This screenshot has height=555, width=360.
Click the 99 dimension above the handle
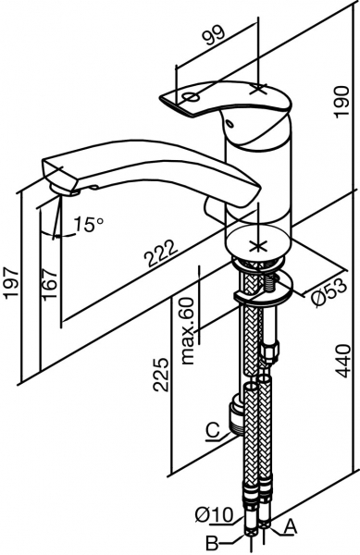coord(214,35)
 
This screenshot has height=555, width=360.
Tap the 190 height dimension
coord(342,102)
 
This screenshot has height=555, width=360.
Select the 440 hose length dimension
coord(342,362)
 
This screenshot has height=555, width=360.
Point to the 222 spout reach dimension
coord(162,253)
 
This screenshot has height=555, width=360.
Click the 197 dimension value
coord(11,284)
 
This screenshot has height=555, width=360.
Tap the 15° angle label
coord(89,225)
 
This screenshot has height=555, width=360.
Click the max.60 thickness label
coord(189,330)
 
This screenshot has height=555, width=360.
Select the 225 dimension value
coord(160,374)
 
